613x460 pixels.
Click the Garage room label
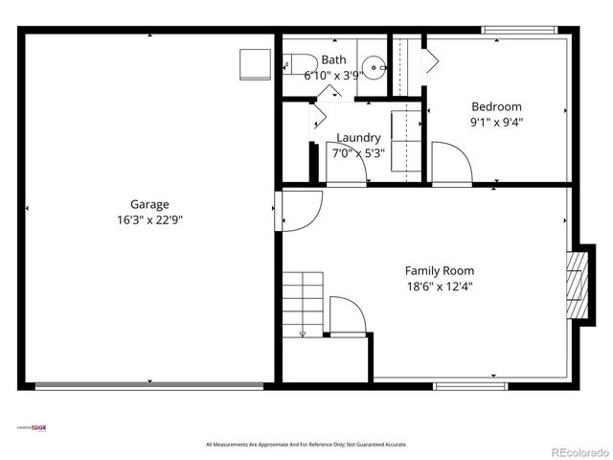[x=149, y=204]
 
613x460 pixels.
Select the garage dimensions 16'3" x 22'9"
[x=149, y=219]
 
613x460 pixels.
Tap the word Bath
[x=333, y=59]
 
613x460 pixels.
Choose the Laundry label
[x=358, y=138]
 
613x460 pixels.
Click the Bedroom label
[x=496, y=106]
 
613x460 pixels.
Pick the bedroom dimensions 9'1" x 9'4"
[x=496, y=122]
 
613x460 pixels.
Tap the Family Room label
[x=439, y=271]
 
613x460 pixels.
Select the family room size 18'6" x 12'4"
[x=439, y=287]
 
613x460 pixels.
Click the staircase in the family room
[x=302, y=303]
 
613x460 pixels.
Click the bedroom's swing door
[x=451, y=163]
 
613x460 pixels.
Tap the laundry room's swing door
[x=346, y=164]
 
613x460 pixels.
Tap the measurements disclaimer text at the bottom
[x=306, y=445]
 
